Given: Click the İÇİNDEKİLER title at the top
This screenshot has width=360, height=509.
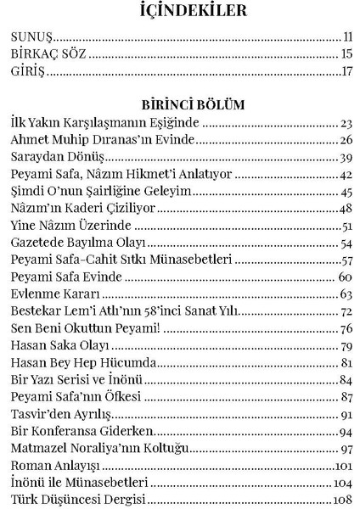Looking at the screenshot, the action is [x=180, y=11].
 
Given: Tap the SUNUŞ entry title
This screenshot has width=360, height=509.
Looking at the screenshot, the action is [x=31, y=38].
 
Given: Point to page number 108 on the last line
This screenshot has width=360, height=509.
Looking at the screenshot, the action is [x=344, y=500].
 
